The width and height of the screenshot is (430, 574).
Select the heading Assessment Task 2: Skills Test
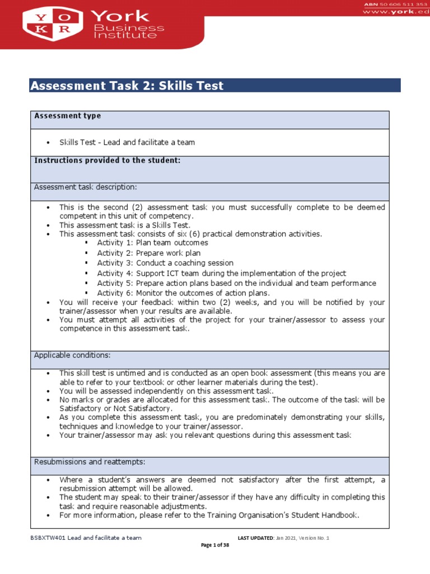point(127,86)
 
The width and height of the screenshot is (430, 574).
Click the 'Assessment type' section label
point(68,116)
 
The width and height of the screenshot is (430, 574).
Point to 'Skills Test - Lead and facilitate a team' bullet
point(127,142)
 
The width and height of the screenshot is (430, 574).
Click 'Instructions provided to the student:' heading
point(107,160)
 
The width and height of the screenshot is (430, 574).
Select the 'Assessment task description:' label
point(85,187)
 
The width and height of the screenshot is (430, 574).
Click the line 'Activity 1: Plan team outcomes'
point(152,243)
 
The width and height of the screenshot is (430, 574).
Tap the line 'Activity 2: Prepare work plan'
point(148,253)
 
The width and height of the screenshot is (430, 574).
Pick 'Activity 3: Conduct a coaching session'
point(165,263)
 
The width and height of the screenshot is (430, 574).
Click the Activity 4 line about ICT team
point(221,273)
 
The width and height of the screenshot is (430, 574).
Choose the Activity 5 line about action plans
point(236,283)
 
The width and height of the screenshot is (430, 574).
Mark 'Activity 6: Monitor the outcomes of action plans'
point(183,293)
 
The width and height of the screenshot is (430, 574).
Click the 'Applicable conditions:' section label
point(72,355)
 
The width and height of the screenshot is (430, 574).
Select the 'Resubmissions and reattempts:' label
point(90,462)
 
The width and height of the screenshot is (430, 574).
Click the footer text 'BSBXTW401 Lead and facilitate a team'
point(86,538)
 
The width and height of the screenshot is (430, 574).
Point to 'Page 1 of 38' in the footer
point(215,545)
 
